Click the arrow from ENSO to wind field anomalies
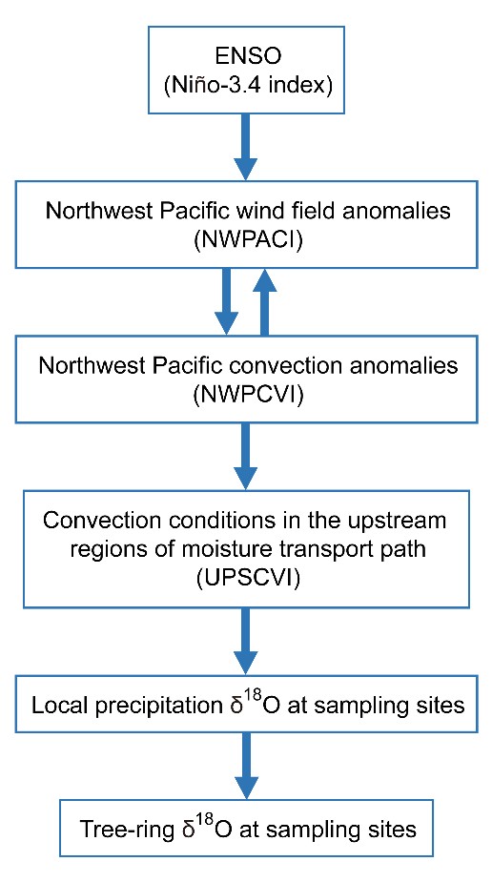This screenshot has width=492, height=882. pyautogui.click(x=246, y=146)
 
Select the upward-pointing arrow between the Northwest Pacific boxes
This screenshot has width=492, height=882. pyautogui.click(x=264, y=301)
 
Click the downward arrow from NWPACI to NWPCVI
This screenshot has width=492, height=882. pyautogui.click(x=227, y=301)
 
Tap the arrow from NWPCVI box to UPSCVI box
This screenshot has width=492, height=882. pyautogui.click(x=245, y=456)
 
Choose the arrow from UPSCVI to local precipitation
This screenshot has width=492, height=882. pyautogui.click(x=245, y=643)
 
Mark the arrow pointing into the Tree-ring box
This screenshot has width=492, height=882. pyautogui.click(x=245, y=766)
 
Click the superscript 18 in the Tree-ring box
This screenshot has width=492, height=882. pyautogui.click(x=196, y=822)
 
